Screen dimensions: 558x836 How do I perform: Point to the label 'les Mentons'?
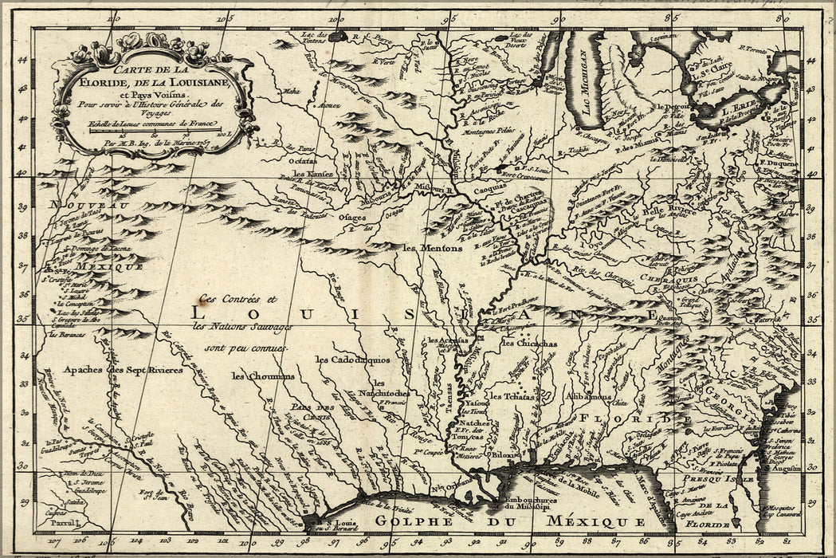pyautogui.click(x=432, y=248)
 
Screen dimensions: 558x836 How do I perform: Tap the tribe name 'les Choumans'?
pyautogui.click(x=263, y=375)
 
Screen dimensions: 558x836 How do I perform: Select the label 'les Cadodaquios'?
pyautogui.click(x=351, y=359)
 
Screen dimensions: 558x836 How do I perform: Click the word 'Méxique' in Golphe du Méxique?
pyautogui.click(x=594, y=521)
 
